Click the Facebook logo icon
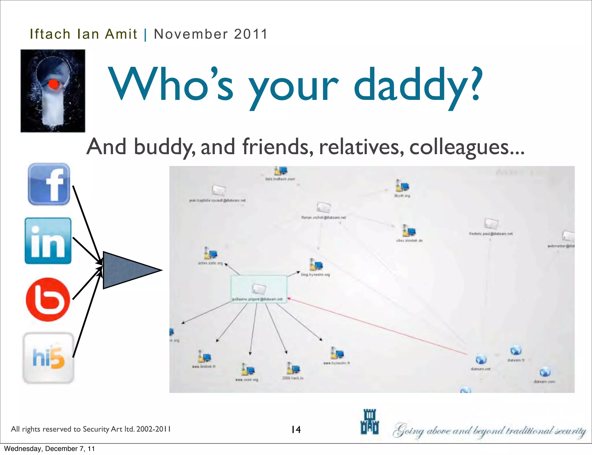(49, 184)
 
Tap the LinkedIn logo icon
(48, 241)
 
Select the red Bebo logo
(48, 299)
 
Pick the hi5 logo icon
(48, 358)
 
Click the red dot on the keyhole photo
(53, 84)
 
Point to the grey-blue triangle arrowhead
(127, 270)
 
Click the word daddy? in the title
(417, 85)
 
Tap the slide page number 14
(296, 430)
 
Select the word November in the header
(191, 34)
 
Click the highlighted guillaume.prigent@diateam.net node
(258, 289)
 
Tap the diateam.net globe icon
(481, 359)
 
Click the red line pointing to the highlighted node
(376, 326)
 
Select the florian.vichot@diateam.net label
(323, 217)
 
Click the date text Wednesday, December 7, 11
(49, 448)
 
